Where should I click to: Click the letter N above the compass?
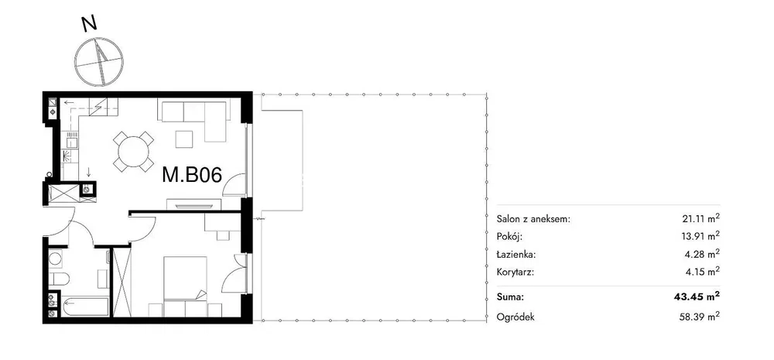click(x=89, y=23)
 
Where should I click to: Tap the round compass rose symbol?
click(x=99, y=61)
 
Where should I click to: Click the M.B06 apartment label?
click(x=192, y=175)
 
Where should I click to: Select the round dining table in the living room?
click(x=133, y=151)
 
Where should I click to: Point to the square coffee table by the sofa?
click(x=185, y=139)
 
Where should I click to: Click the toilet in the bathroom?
click(x=58, y=279)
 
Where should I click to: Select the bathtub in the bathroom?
click(x=84, y=306)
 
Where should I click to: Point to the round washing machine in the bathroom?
click(x=55, y=258)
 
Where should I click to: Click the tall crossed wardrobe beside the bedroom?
click(x=122, y=282)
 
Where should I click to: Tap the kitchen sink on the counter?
click(x=71, y=142)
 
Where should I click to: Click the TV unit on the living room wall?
click(x=194, y=203)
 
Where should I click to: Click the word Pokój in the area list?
click(x=509, y=237)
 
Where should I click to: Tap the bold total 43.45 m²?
click(x=697, y=297)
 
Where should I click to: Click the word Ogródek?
click(x=515, y=317)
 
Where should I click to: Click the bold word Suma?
click(x=510, y=297)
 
